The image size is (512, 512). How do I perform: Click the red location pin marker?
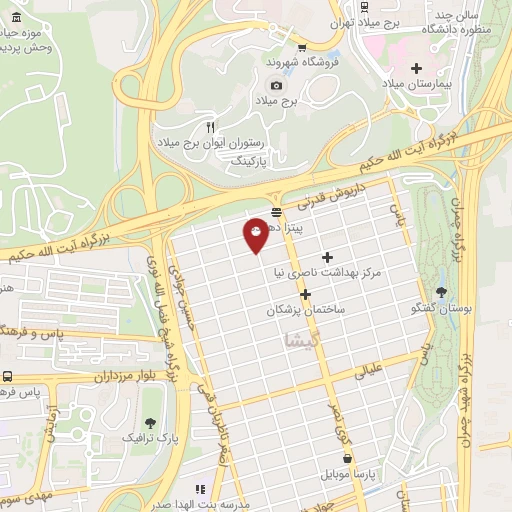[x=256, y=233]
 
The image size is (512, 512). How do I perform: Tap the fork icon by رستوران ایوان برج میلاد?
[x=209, y=127]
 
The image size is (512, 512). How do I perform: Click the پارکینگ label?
[x=250, y=160]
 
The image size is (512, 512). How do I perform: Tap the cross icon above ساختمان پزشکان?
[x=305, y=294]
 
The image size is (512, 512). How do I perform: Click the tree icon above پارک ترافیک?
[x=150, y=422]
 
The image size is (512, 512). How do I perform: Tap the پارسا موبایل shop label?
[x=371, y=475]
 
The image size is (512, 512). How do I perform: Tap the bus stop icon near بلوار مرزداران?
[x=8, y=377]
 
